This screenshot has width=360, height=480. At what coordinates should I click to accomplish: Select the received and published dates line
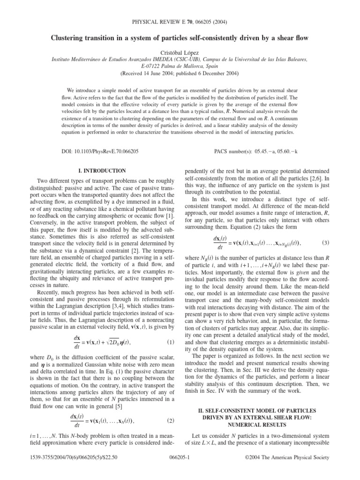180,74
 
